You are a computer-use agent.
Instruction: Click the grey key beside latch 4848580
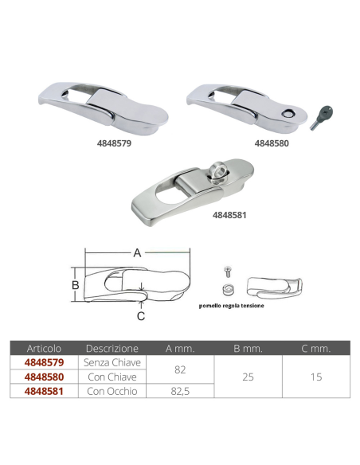tap(322, 117)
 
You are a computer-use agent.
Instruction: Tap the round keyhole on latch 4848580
tap(288, 113)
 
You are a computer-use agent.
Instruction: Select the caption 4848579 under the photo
tap(114, 143)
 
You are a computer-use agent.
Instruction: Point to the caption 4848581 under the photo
tap(229, 215)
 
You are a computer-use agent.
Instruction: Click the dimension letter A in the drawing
tap(137, 253)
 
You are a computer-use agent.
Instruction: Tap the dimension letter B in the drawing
tap(76, 285)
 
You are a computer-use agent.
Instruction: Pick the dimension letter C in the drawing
tap(141, 316)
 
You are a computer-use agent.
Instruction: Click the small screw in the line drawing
tap(228, 272)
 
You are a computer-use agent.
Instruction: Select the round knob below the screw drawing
tap(228, 289)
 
